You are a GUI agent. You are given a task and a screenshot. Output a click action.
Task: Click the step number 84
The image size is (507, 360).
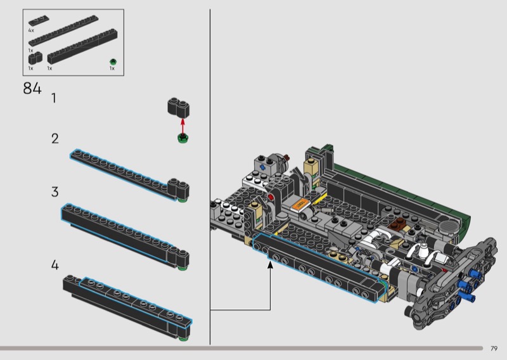click(32, 88)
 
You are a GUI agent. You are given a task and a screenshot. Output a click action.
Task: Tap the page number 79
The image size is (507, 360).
click(494, 349)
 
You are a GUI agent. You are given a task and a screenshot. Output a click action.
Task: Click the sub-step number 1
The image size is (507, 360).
click(54, 98)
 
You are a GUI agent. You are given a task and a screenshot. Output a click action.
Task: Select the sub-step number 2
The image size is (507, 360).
click(55, 138)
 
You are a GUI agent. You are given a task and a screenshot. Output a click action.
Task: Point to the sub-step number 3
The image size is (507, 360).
click(55, 192)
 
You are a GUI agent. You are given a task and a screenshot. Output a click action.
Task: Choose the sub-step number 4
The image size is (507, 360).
click(55, 265)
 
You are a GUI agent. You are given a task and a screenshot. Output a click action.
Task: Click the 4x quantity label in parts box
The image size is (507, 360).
click(31, 30)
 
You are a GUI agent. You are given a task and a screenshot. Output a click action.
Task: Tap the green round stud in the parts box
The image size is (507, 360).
click(113, 61)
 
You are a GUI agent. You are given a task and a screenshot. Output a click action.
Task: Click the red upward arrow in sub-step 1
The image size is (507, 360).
click(183, 126)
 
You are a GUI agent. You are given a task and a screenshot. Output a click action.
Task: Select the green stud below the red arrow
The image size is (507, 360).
click(183, 138)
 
